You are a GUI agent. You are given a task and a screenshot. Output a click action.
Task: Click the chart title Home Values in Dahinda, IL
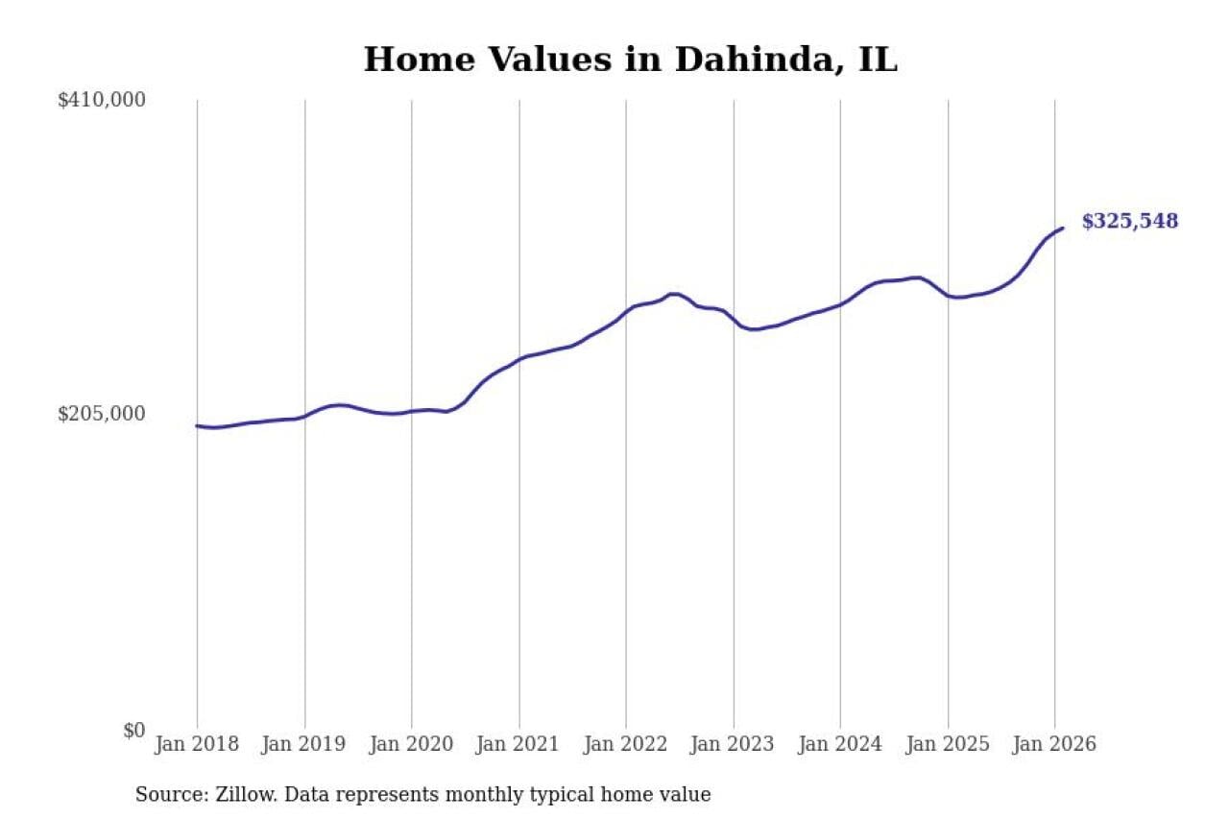pos(630,60)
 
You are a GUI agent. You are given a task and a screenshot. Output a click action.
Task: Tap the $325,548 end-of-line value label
pos(1129,222)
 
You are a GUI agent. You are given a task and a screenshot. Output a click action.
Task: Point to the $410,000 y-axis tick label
pos(102,100)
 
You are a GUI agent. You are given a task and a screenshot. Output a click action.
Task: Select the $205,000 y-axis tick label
pos(102,414)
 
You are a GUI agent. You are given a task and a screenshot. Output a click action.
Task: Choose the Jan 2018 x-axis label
pos(197,744)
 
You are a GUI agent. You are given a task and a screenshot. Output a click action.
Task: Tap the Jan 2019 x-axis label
pos(304,744)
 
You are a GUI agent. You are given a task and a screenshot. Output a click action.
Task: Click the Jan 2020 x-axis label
pos(412,744)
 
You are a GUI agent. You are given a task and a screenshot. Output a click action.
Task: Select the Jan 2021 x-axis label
pos(519,744)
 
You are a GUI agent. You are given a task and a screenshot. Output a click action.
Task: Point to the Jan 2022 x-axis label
pos(626,744)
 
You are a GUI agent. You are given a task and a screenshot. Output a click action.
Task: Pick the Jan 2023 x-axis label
pos(734,744)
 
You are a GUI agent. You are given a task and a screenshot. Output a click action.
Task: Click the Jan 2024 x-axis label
pos(840,744)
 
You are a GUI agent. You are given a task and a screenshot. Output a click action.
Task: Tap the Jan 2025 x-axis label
pos(948,744)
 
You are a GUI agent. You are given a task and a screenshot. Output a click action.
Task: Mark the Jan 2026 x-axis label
pos(1054,744)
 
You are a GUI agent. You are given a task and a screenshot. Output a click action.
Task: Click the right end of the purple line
pos(1062,229)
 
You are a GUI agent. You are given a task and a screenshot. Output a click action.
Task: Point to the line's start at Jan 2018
pos(198,425)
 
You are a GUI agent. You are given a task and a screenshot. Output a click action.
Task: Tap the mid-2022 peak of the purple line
pos(673,294)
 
